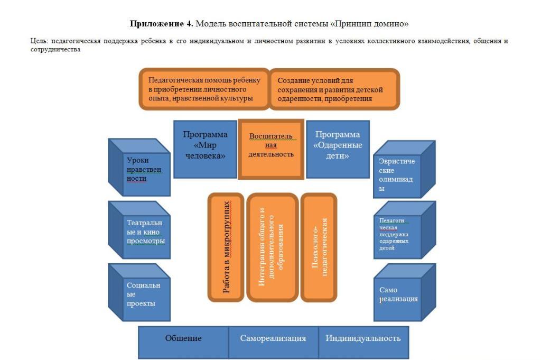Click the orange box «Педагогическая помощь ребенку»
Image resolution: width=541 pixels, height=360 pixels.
[204, 89]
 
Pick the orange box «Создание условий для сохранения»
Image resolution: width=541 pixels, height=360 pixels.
[334, 89]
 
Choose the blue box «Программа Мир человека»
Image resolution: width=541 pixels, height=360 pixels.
[205, 149]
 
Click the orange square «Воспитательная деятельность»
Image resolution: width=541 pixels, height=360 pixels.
[271, 149]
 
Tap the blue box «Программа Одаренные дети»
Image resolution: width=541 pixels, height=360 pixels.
[338, 149]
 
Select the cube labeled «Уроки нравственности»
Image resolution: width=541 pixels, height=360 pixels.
[139, 168]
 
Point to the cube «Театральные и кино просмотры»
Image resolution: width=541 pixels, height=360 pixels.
[139, 230]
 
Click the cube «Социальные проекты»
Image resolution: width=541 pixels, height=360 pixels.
[139, 292]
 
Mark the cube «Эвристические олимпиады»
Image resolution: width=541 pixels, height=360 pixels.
[404, 169]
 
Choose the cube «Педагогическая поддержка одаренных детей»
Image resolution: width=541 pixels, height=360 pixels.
[404, 230]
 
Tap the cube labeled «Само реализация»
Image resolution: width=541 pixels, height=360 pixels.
[404, 292]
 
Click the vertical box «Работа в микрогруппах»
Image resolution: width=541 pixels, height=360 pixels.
[226, 247]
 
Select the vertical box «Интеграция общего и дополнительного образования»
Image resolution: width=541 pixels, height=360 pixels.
[272, 247]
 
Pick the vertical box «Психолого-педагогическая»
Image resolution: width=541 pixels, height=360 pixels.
[319, 247]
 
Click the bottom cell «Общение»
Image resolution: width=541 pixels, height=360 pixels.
[183, 342]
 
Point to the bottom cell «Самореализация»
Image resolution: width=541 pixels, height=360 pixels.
[273, 342]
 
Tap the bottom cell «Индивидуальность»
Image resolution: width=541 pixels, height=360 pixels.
[363, 342]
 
